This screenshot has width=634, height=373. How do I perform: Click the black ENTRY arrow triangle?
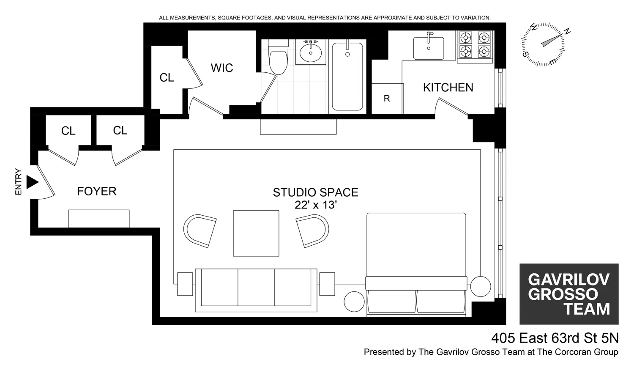click(32, 182)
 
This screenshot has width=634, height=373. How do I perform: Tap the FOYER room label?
click(97, 192)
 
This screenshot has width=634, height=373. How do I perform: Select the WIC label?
click(222, 68)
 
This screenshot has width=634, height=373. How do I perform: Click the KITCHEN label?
click(448, 88)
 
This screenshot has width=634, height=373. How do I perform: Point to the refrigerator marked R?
click(387, 99)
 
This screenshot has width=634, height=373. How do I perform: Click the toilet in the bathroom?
click(278, 59)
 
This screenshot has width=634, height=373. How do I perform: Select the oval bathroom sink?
click(311, 52)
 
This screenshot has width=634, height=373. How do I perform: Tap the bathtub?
click(347, 76)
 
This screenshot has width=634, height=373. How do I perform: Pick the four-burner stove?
click(475, 45)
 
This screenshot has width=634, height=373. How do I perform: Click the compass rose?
click(543, 44)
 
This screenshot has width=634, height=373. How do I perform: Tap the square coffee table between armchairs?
click(256, 233)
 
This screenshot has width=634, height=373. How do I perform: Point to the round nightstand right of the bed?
click(481, 286)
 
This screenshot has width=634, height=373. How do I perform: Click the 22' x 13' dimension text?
click(315, 205)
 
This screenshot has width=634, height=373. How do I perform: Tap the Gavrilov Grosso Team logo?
click(569, 294)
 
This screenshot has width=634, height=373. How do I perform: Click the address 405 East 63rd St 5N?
click(555, 338)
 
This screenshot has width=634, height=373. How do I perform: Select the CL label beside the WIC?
click(167, 78)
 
